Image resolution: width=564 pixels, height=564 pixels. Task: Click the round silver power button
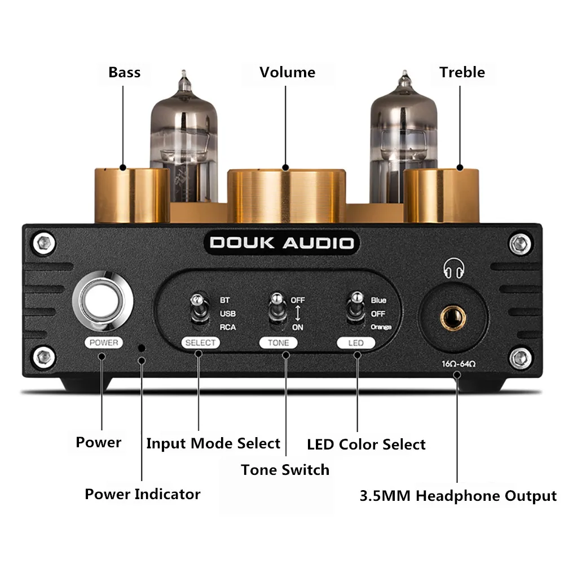pos(103,301)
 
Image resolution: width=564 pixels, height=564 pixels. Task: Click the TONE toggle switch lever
pos(277,309)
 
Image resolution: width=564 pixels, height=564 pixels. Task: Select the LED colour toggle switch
pos(356,309)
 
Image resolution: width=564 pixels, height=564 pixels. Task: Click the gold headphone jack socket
pos(453,318)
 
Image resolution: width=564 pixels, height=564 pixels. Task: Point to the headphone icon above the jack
pos(453,268)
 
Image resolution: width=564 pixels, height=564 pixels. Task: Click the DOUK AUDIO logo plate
pos(281,243)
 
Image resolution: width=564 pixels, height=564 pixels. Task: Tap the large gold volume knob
pos(287,196)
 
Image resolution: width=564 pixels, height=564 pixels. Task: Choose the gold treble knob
pos(441,196)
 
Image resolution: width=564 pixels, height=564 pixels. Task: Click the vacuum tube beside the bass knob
pos(184,139)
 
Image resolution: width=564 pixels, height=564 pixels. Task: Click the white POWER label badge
pos(104,342)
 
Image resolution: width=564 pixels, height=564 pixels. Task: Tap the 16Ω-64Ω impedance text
pos(459,364)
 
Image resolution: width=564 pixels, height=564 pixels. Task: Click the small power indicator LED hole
pos(142,348)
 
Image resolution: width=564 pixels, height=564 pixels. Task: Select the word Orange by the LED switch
pos(381,327)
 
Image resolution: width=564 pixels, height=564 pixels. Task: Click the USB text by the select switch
pos(228,314)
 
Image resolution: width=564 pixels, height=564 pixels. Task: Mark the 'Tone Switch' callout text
pos(285,470)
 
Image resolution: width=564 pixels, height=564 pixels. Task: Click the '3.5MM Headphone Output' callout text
pos(458,496)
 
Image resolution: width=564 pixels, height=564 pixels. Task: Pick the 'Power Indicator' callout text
pos(143,494)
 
